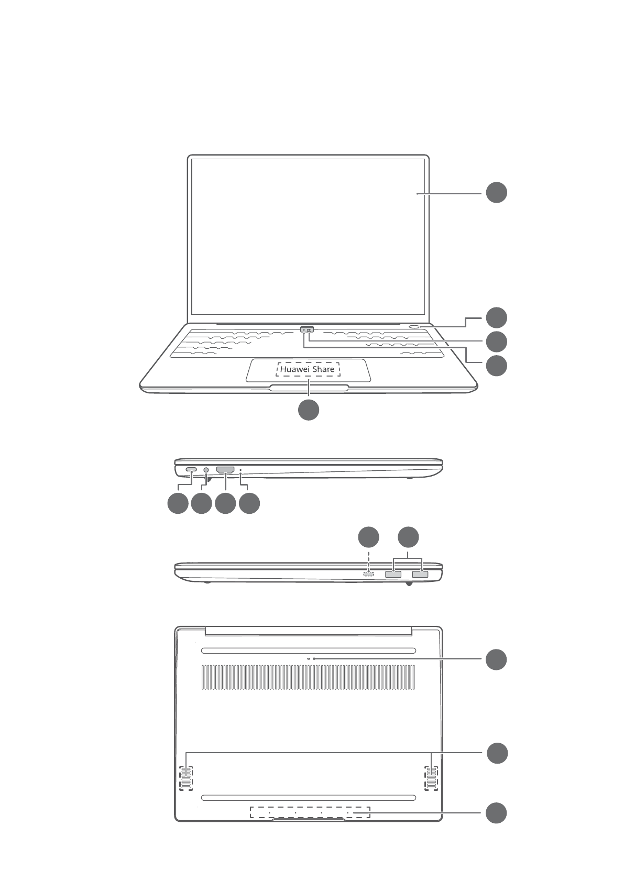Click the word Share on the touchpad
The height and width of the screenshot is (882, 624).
[323, 369]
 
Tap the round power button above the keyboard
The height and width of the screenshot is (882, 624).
[414, 326]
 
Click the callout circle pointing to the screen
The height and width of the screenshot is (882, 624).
[496, 192]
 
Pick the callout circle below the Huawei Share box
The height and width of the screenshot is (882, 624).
[309, 410]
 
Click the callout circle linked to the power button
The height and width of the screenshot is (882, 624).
[496, 317]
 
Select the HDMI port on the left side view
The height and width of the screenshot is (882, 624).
[225, 470]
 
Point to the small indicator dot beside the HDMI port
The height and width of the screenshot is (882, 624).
[240, 470]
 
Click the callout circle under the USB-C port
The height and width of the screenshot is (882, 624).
[178, 503]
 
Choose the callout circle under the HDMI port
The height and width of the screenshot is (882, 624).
[225, 503]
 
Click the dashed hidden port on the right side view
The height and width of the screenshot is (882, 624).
[369, 574]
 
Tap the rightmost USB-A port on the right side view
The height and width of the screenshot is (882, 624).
[420, 575]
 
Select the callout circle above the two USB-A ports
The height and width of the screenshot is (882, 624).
[408, 537]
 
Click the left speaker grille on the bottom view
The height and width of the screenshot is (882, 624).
[186, 778]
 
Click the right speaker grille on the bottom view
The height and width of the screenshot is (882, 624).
[431, 778]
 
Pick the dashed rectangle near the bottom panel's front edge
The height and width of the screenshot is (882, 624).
[310, 813]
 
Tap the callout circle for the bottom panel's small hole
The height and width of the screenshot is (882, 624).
[496, 659]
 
